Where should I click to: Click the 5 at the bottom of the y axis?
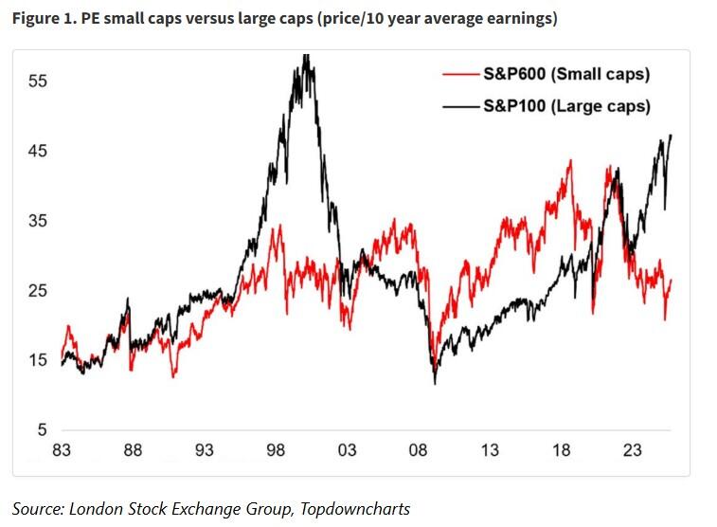(40, 430)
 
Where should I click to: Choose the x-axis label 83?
(62, 450)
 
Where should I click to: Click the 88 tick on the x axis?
(133, 450)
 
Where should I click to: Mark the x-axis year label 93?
(205, 450)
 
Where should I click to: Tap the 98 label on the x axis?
(276, 450)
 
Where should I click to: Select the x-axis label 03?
(348, 450)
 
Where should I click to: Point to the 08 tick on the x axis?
(419, 450)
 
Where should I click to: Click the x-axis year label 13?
(491, 450)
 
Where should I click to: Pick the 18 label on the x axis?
(562, 450)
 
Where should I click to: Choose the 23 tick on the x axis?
(633, 450)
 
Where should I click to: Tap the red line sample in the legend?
(460, 74)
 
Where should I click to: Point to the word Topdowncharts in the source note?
(355, 509)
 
